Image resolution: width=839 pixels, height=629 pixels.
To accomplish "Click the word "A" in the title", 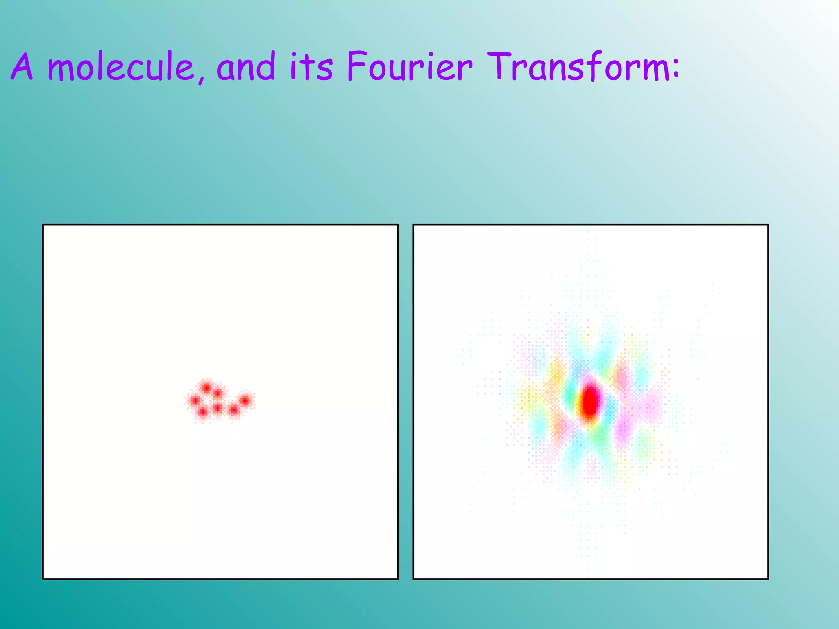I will [x=22, y=66].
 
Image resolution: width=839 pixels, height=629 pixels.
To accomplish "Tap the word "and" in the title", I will [x=246, y=66].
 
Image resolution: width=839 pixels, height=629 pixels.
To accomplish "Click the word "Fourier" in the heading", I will [x=409, y=66].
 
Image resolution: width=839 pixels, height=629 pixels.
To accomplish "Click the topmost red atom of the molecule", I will [x=206, y=387].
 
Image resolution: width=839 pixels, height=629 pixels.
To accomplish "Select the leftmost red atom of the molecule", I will [x=195, y=400].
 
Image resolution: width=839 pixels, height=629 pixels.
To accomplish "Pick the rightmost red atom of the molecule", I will [x=245, y=400].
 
